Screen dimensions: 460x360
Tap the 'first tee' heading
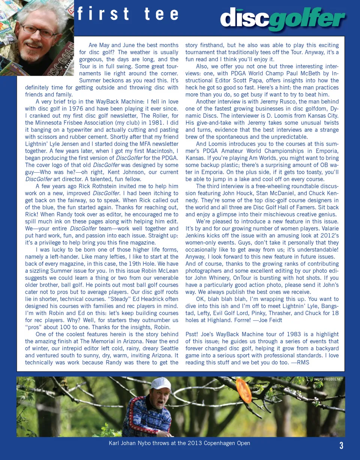pyautogui.click(x=127, y=14)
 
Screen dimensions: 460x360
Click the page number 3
pyautogui.click(x=341, y=446)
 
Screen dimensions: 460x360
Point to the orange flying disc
pyautogui.click(x=244, y=390)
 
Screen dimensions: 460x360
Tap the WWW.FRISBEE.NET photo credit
pyautogui.click(x=328, y=379)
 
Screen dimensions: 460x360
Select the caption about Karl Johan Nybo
pyautogui.click(x=179, y=443)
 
